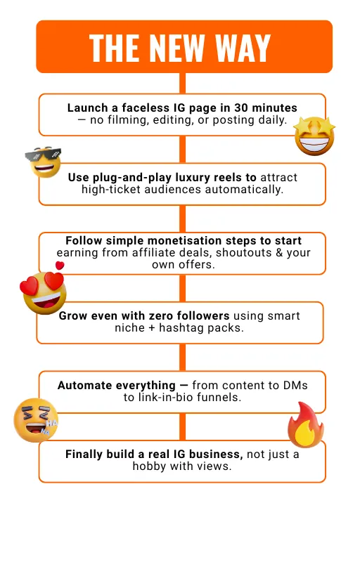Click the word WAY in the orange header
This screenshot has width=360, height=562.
point(243,48)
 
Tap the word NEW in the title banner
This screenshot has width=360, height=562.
point(177,48)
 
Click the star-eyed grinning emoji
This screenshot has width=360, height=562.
point(314,136)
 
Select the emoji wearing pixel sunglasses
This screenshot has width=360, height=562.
point(44,162)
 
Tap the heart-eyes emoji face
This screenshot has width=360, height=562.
point(44,293)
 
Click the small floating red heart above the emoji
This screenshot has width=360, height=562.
point(60,266)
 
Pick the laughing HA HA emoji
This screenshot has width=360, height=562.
point(35,419)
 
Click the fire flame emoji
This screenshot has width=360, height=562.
point(306,425)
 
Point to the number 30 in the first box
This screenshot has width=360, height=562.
point(241,108)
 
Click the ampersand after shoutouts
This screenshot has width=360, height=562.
point(279,253)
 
